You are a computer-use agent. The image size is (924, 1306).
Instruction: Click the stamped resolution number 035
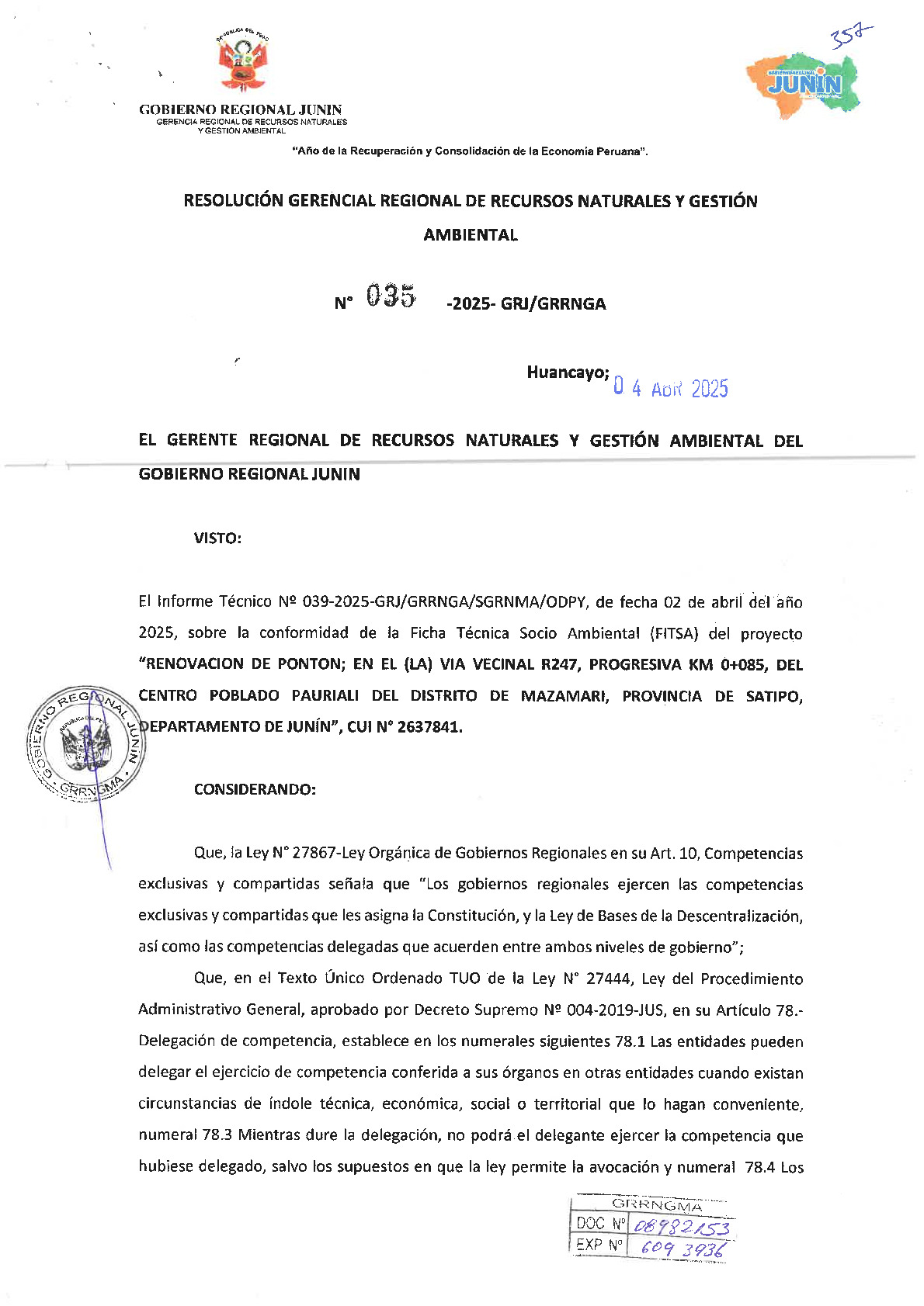[x=391, y=296]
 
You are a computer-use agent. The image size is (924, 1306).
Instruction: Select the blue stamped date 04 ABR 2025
[x=671, y=388]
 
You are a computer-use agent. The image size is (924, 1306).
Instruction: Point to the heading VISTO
[x=217, y=539]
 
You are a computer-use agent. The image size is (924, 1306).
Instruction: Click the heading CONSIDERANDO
[x=255, y=790]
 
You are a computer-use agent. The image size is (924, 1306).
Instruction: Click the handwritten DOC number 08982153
[x=681, y=1227]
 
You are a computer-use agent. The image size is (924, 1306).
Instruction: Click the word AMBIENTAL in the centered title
[x=471, y=235]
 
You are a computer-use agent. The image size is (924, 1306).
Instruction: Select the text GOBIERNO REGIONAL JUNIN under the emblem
[x=241, y=110]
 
